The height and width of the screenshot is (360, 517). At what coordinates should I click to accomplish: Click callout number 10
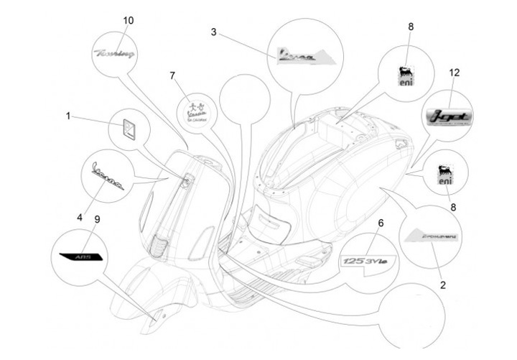[x=128, y=20]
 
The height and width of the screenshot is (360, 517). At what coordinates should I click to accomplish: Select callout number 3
[x=213, y=32]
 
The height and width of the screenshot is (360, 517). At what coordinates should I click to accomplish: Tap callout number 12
[x=453, y=73]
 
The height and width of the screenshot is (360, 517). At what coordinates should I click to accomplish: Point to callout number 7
[x=172, y=75]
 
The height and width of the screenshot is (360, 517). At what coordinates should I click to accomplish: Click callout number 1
[x=69, y=116]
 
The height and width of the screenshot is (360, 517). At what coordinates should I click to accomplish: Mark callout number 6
[x=381, y=223]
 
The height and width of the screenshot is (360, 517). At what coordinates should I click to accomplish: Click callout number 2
[x=442, y=285]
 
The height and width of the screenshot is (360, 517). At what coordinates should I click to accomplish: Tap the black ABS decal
[x=81, y=255]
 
